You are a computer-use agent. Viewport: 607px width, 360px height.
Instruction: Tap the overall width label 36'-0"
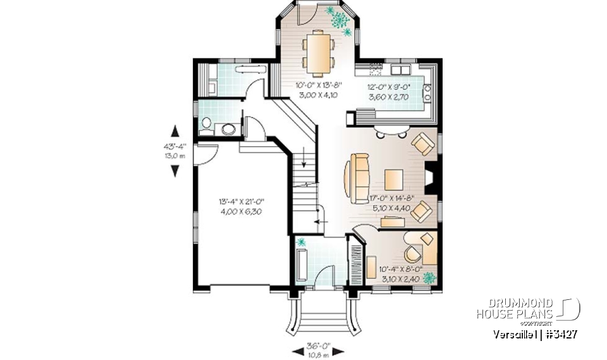point(317,346)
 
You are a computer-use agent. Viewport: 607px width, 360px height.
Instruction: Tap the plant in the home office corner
point(429,277)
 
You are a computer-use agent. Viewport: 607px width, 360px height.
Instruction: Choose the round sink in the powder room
point(229,129)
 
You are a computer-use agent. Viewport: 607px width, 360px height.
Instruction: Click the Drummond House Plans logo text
point(515,309)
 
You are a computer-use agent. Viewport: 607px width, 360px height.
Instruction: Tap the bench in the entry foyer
point(302,264)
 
